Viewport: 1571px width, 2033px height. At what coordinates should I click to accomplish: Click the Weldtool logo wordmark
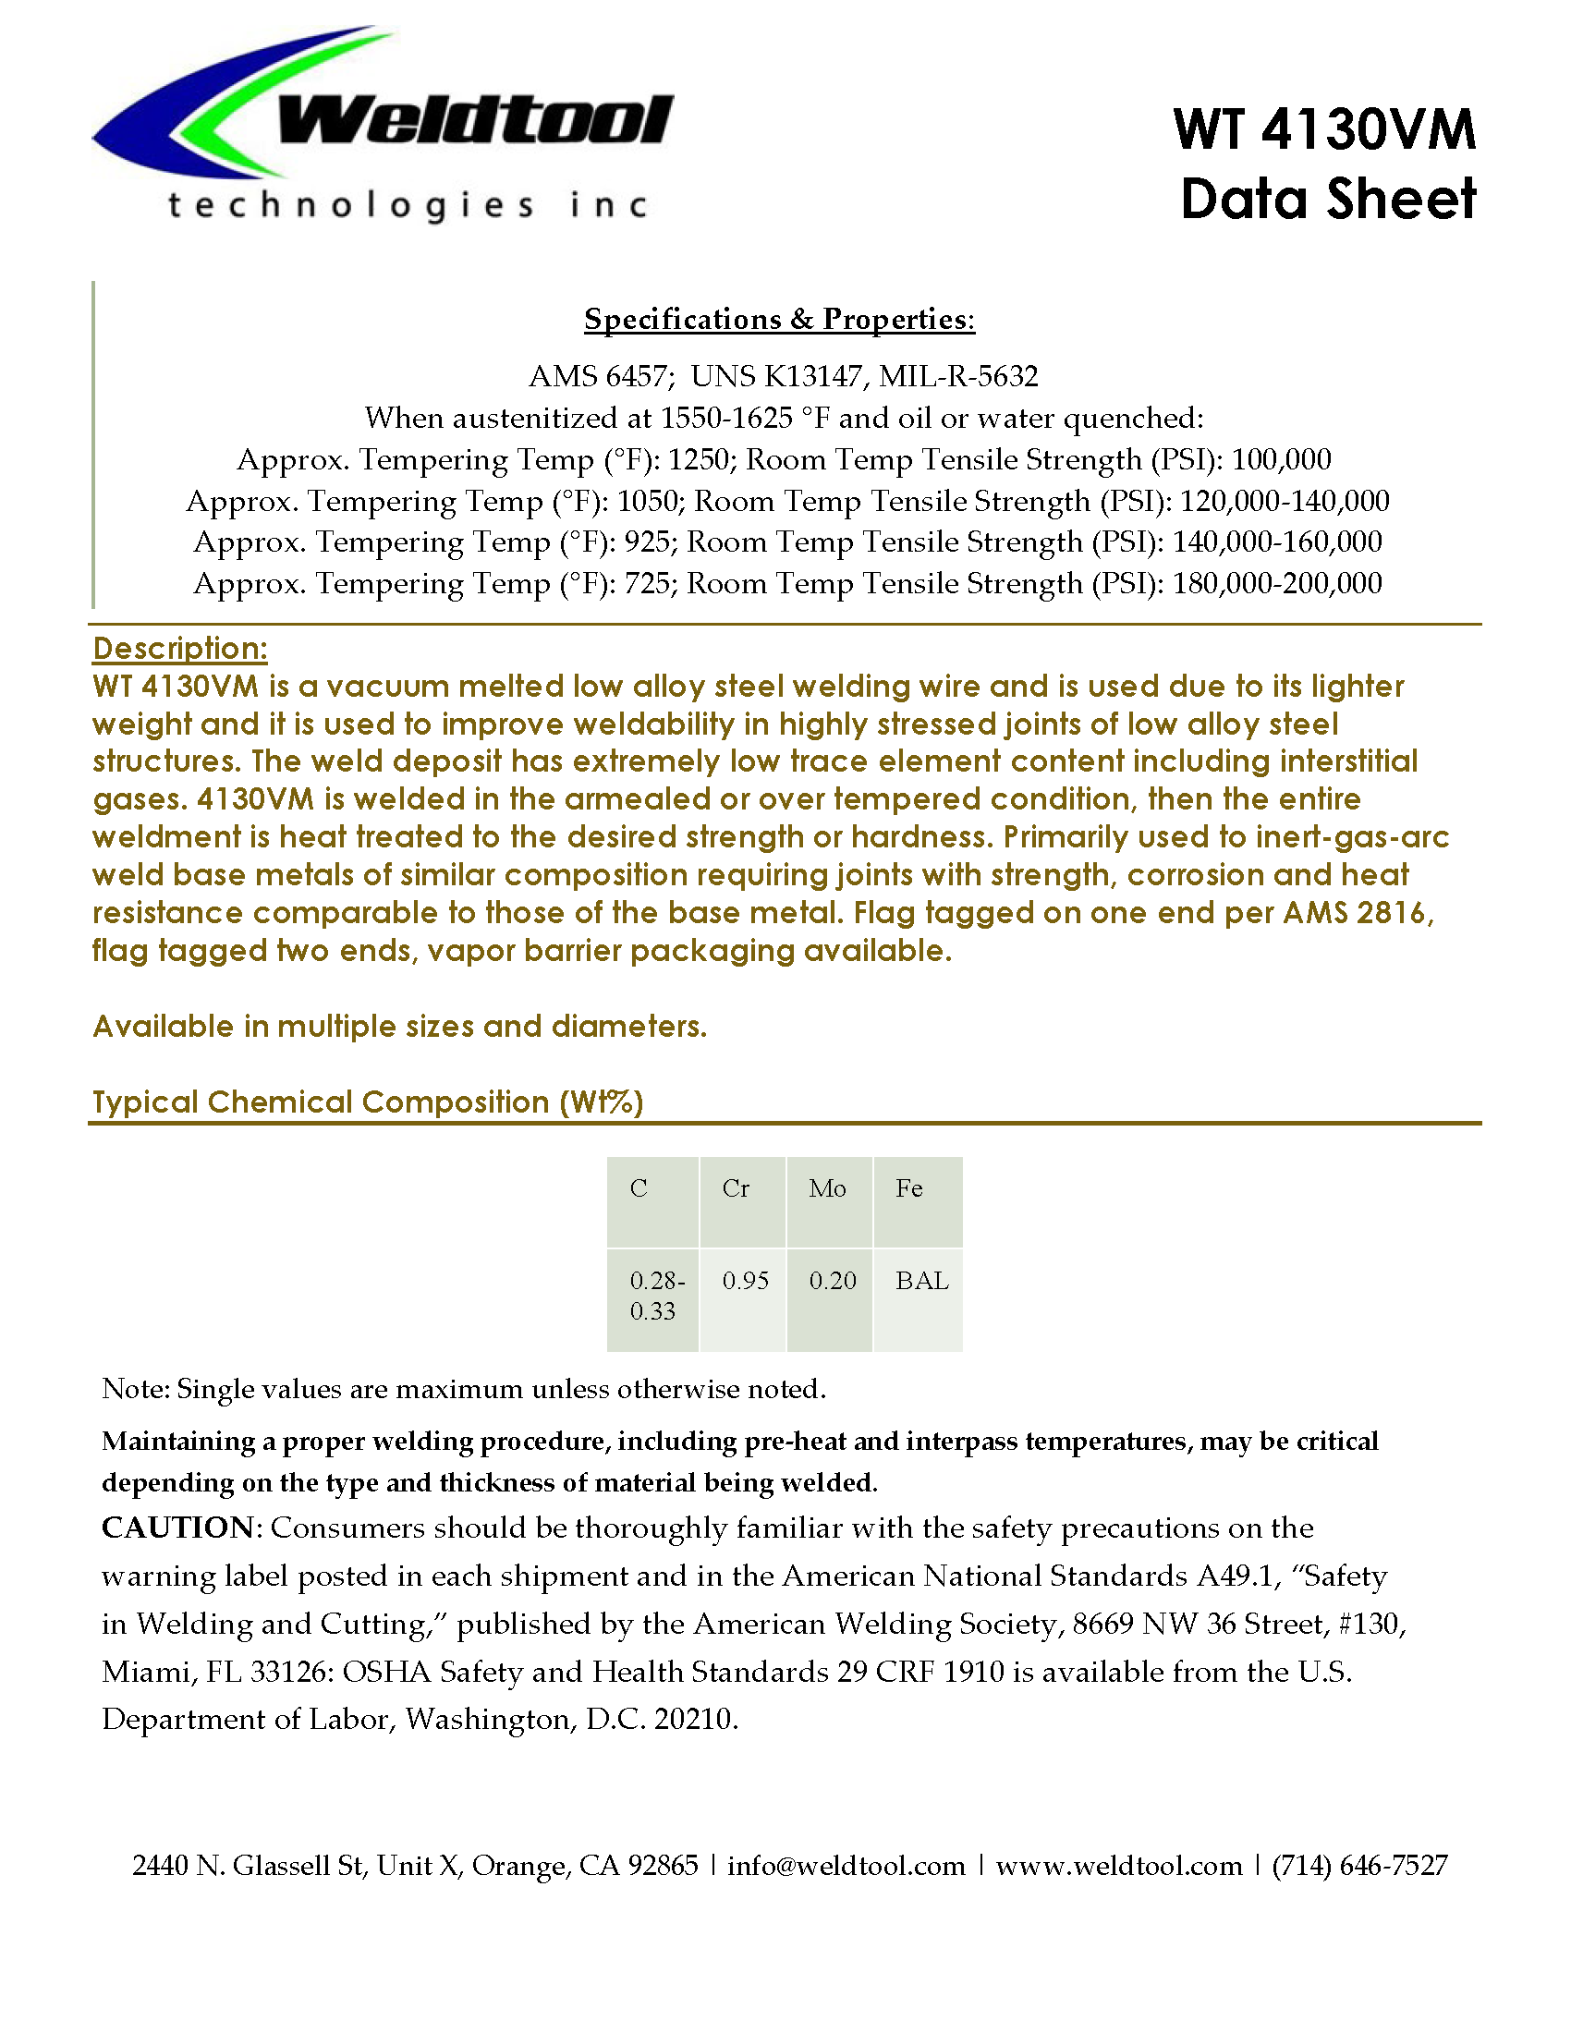475,121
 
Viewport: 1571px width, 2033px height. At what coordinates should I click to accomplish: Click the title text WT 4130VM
1324,129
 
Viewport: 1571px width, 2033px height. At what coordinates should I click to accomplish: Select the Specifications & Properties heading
779,320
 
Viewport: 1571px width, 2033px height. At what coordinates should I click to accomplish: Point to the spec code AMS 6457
599,376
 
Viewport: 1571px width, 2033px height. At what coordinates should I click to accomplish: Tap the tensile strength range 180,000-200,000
1277,584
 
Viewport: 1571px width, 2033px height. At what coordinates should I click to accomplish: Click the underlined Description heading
179,648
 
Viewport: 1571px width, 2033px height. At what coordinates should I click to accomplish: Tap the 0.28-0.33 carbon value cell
653,1296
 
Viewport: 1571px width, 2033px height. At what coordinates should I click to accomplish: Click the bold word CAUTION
177,1528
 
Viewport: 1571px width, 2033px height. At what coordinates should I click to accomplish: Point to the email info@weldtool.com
846,1866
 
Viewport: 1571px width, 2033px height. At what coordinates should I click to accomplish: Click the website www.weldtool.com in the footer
1119,1866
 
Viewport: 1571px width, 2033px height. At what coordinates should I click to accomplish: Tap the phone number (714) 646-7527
1359,1866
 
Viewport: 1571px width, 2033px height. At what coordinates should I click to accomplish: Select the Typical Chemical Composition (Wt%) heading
368,1102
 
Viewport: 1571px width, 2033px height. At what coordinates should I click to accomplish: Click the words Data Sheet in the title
1328,200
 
